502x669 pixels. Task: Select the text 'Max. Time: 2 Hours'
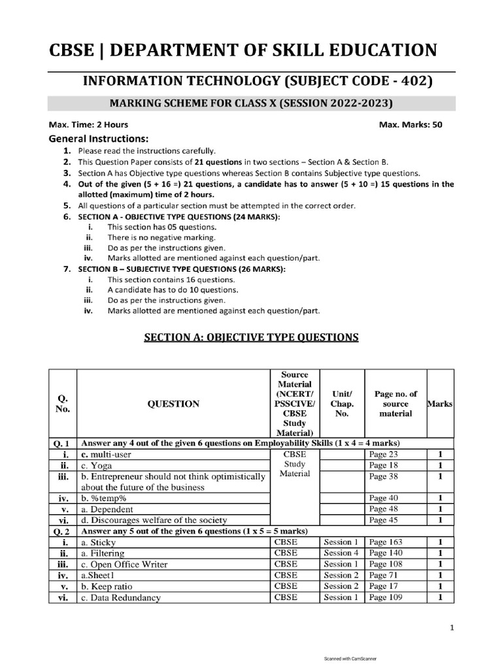(88, 125)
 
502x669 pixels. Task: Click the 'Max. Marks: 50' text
(410, 125)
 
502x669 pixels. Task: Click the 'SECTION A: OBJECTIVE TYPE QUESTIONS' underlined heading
(250, 337)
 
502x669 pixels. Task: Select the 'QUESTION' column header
(174, 404)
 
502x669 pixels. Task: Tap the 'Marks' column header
(439, 404)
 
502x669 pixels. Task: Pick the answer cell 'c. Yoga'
(96, 466)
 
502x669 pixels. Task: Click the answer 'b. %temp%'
(104, 498)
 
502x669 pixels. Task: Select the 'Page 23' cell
(384, 454)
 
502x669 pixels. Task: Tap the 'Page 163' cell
(386, 542)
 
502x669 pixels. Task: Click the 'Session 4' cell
(341, 553)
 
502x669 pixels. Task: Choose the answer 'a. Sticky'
(98, 542)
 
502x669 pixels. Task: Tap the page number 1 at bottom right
(452, 628)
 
